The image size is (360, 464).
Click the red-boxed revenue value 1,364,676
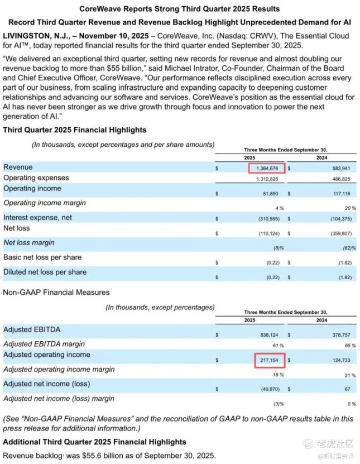pyautogui.click(x=267, y=168)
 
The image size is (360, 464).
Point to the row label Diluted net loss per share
pyautogui.click(x=45, y=272)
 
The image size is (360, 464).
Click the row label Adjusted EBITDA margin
pyautogui.click(x=44, y=343)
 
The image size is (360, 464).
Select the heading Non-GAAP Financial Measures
pyautogui.click(x=56, y=292)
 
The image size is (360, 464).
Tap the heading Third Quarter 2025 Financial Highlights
pyautogui.click(x=75, y=130)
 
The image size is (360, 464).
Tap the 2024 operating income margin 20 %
pyautogui.click(x=350, y=208)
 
